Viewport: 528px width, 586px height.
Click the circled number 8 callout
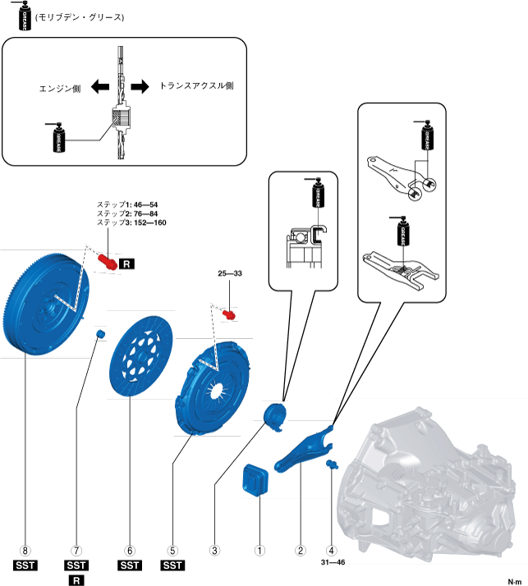point(27,551)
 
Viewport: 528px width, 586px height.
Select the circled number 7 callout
point(76,551)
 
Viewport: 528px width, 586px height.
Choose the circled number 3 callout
point(215,551)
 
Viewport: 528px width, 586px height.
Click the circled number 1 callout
point(259,551)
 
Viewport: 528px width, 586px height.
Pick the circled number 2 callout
point(301,551)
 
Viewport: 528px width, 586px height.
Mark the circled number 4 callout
point(332,551)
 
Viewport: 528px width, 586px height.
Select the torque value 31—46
point(332,564)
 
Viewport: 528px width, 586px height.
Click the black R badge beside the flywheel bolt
point(127,263)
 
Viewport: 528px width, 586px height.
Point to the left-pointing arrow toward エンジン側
point(100,86)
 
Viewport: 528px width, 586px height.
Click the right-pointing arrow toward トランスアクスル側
point(141,86)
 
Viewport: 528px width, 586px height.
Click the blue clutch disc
point(140,356)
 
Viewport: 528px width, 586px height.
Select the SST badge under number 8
point(27,565)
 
